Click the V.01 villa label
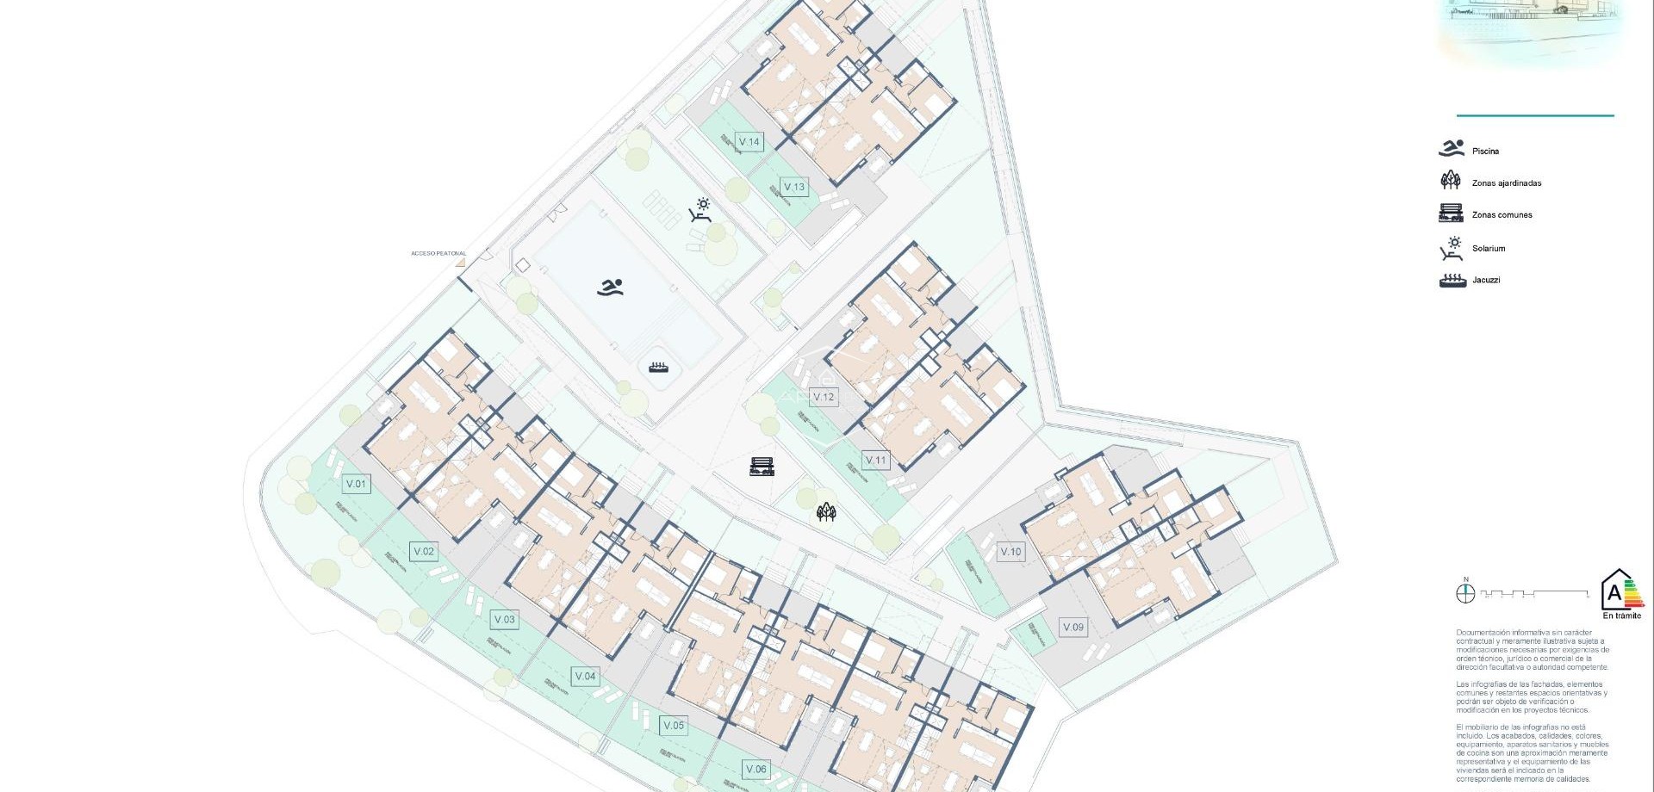[356, 484]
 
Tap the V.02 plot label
[424, 552]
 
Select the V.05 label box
[674, 726]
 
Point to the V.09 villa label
[1073, 628]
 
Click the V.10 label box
[1010, 552]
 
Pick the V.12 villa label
[824, 397]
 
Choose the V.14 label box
[749, 142]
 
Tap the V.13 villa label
[794, 187]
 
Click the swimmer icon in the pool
[610, 288]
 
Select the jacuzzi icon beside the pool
[659, 368]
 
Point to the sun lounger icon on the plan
[700, 210]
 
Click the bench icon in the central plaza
[762, 467]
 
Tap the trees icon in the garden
[826, 513]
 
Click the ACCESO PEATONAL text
[438, 254]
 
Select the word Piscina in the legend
[1485, 152]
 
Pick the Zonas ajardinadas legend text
[1507, 183]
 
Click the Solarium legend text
[1489, 249]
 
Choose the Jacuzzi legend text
[1486, 280]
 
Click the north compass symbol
[1465, 593]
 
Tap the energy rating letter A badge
[1615, 592]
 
